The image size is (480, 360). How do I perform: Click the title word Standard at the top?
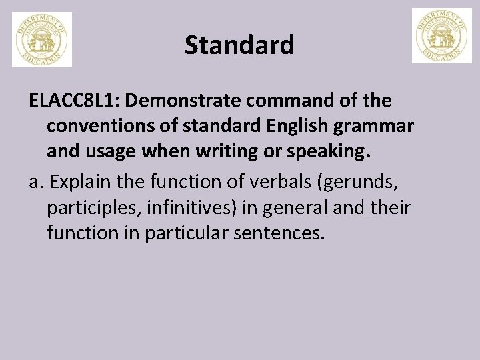click(239, 45)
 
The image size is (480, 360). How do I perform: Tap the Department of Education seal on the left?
click(42, 40)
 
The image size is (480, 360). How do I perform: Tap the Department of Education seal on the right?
click(441, 36)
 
